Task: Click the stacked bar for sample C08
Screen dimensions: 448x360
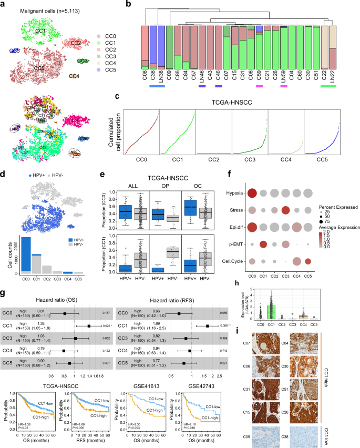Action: click(x=145, y=47)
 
